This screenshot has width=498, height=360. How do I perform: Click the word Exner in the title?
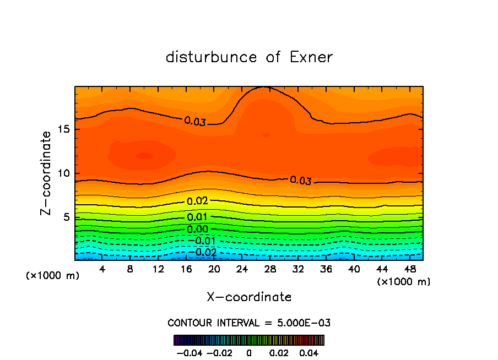click(x=311, y=57)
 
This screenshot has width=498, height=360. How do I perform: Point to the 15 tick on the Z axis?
click(x=64, y=129)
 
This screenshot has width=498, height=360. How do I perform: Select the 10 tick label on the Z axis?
click(x=64, y=173)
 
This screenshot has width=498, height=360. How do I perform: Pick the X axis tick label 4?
click(x=102, y=269)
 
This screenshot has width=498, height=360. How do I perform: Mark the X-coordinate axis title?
click(x=249, y=297)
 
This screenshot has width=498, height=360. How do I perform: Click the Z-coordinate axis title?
click(x=47, y=173)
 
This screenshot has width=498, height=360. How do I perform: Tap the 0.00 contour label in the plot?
click(x=197, y=229)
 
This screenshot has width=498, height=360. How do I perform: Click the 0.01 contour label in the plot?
click(x=197, y=217)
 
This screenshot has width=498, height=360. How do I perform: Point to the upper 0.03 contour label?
click(x=195, y=121)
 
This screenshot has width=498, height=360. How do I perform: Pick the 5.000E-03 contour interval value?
click(x=302, y=323)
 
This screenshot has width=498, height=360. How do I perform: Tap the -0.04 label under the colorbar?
click(x=190, y=352)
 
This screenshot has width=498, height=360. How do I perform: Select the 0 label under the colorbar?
click(x=249, y=352)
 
